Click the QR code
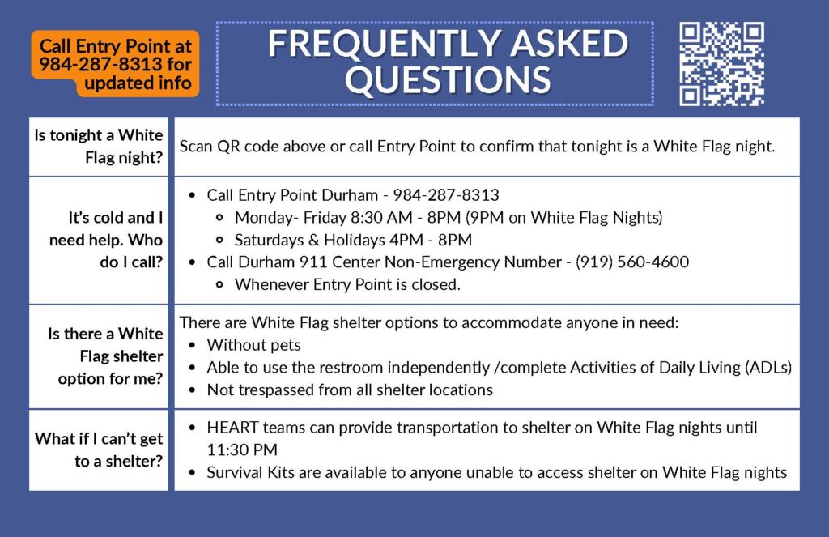[x=721, y=64]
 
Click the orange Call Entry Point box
[x=115, y=65]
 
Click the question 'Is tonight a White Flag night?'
[x=99, y=147]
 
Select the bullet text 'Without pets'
[x=254, y=345]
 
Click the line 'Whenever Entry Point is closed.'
[x=347, y=284]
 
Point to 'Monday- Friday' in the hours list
[x=284, y=217]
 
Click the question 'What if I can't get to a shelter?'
[x=99, y=450]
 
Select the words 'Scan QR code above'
[x=246, y=147]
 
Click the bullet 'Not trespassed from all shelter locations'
[x=350, y=390]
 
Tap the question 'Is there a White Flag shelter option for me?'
[x=106, y=356]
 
